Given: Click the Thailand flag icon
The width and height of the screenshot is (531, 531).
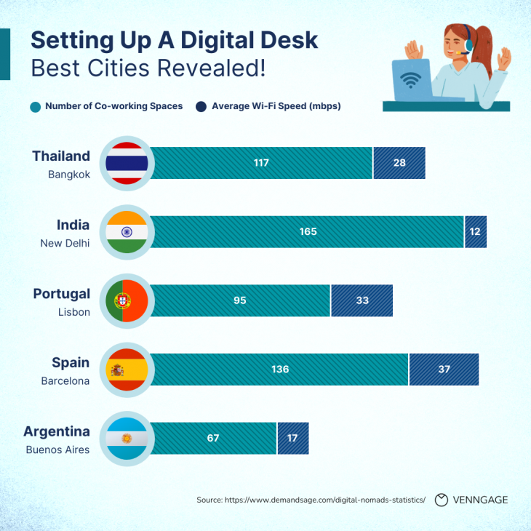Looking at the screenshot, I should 127,163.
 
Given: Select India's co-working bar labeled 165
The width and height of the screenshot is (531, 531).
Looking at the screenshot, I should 307,232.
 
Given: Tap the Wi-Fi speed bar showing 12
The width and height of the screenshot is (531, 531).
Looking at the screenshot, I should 476,232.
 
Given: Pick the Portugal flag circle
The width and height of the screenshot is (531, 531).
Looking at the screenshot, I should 127,300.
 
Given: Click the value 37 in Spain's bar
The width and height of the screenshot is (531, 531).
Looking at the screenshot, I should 444,370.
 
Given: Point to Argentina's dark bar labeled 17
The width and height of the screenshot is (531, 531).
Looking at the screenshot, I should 293,438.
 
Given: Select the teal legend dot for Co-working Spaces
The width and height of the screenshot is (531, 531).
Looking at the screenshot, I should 36,106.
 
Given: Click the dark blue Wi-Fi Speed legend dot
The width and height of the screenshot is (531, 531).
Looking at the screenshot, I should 201,106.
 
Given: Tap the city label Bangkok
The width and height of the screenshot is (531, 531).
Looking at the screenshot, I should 69,175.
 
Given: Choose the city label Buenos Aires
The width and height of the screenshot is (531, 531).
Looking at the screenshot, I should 57,450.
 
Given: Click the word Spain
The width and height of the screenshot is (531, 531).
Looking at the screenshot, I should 71,362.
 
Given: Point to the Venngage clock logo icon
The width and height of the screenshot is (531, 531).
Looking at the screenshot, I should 441,500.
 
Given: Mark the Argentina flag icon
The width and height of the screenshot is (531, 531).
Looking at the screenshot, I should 127,438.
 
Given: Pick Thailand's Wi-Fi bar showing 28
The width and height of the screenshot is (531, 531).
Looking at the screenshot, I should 399,163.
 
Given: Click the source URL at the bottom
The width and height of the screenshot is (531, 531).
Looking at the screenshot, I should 311,500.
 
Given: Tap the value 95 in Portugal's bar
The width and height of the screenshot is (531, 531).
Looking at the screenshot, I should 240,300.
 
